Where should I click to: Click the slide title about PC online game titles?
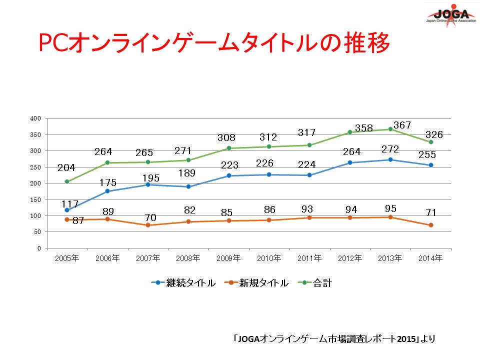(214, 44)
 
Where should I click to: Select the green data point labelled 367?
(390, 129)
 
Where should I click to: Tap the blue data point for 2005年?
(66, 210)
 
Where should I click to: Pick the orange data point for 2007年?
(147, 225)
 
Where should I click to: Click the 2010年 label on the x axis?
(269, 258)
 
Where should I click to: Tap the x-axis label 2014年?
(430, 258)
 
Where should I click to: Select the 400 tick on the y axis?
(35, 118)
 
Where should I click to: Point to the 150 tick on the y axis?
(35, 199)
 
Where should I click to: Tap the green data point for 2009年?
(228, 148)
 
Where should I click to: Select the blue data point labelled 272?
(390, 159)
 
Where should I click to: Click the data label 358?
(364, 128)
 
